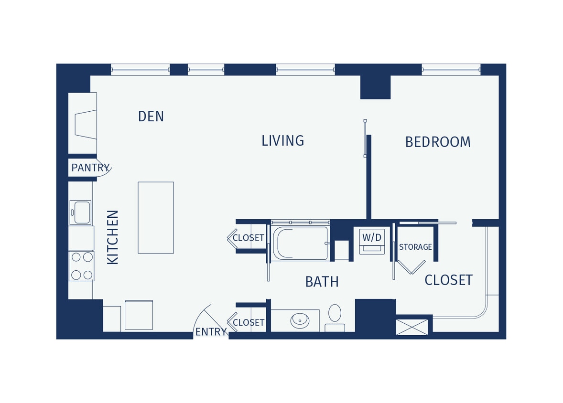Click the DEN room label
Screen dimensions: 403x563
tap(151, 117)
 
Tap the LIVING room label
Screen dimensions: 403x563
tap(282, 141)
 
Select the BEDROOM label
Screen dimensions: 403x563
tap(438, 142)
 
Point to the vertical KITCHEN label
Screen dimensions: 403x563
tap(113, 237)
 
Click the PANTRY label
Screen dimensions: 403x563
tap(90, 168)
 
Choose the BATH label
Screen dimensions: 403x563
tap(322, 282)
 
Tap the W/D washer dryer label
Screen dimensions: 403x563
tap(372, 237)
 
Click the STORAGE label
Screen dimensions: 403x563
tap(415, 247)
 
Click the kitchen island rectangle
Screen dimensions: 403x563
tap(156, 217)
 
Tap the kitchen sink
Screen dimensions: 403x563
tap(80, 212)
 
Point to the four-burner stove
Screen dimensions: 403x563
tap(81, 266)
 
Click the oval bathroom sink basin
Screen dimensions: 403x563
tap(300, 320)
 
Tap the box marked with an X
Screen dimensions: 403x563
tap(412, 327)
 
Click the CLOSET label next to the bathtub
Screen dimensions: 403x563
tap(248, 238)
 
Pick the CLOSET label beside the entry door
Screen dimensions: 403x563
tap(248, 323)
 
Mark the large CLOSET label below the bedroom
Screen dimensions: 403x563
tap(448, 280)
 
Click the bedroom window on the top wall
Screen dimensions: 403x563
tap(451, 70)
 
